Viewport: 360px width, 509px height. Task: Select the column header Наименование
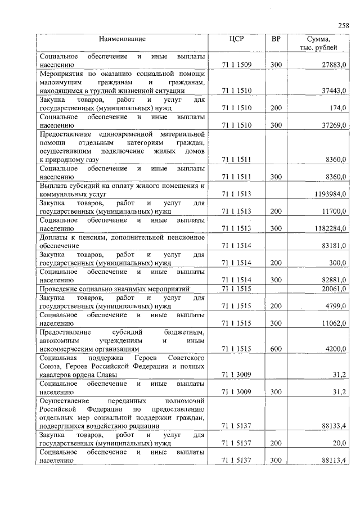tap(122, 39)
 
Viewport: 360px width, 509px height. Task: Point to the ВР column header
tap(276, 39)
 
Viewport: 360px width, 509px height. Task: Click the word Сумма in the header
tap(319, 39)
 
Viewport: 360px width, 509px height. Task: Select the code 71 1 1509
tap(236, 65)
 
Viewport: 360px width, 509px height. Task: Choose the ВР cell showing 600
tap(276, 349)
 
